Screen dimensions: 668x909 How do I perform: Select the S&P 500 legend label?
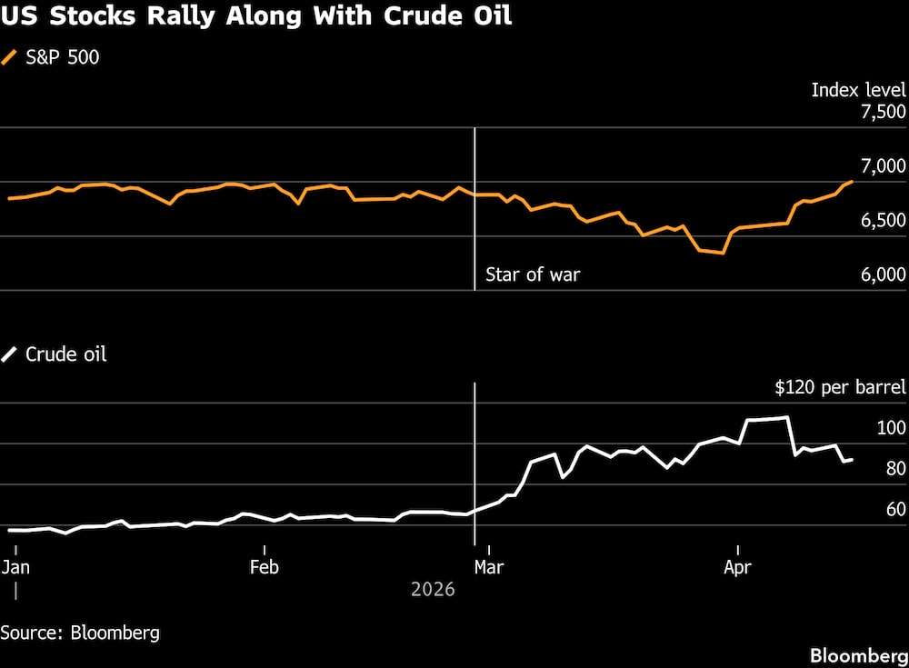pos(63,57)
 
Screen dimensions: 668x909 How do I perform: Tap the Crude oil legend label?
pos(65,354)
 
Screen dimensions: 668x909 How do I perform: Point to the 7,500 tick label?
pos(882,112)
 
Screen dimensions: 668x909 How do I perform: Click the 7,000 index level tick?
pos(882,166)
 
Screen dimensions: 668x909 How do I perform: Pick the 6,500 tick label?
pos(882,221)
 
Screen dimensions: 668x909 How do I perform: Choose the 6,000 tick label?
pos(882,275)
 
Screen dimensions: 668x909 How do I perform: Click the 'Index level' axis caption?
pos(858,90)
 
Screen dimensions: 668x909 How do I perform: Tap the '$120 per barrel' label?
pos(840,388)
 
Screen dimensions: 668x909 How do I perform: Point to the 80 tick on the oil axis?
pos(894,469)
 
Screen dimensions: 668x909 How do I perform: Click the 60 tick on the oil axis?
pos(894,510)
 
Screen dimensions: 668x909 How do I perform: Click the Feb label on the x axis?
pos(264,568)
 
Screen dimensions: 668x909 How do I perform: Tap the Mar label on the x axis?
pos(489,568)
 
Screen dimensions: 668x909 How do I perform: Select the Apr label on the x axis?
pos(737,568)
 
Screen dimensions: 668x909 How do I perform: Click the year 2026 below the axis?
pos(433,590)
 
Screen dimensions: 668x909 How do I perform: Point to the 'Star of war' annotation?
pos(533,274)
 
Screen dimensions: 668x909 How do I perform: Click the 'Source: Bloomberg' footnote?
pos(80,633)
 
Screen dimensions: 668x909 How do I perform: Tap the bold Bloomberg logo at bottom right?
pos(859,655)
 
